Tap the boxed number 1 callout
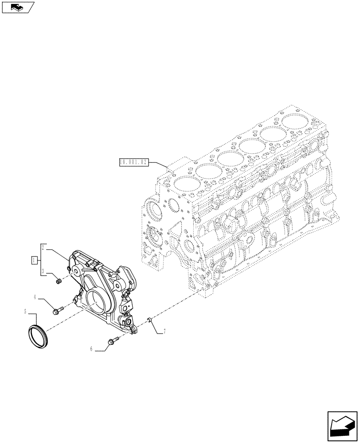pos(34,260)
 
